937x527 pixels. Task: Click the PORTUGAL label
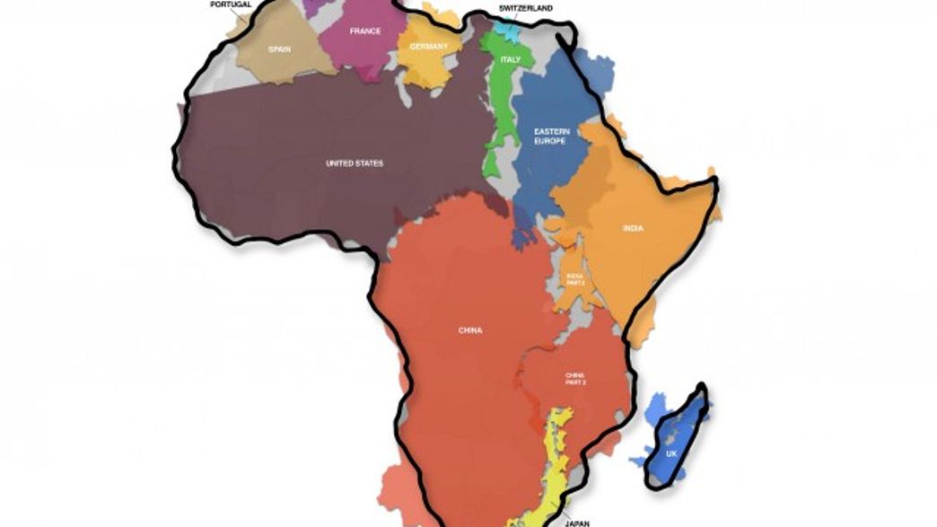click(230, 4)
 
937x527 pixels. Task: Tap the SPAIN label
click(278, 49)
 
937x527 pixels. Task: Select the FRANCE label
click(365, 31)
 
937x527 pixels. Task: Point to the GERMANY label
click(428, 47)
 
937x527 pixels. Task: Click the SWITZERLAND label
click(526, 7)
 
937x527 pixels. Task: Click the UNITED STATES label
click(354, 163)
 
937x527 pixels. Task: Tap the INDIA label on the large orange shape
click(633, 228)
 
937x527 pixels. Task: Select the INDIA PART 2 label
click(575, 279)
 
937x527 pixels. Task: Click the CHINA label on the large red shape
click(469, 330)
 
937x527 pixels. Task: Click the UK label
click(671, 454)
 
